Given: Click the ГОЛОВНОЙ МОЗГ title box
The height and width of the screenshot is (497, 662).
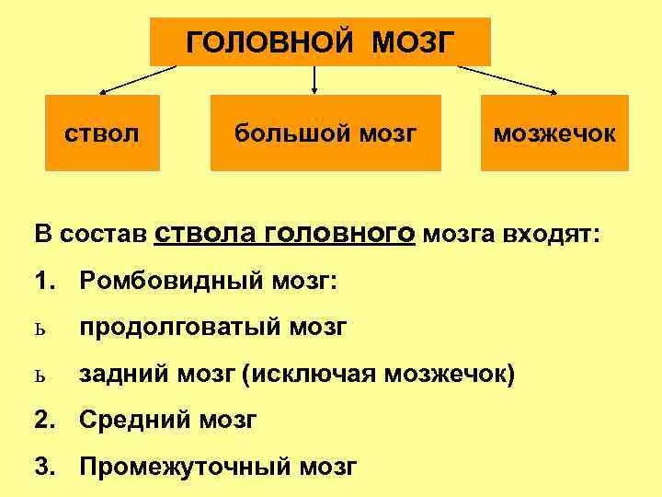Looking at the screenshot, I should pyautogui.click(x=320, y=41).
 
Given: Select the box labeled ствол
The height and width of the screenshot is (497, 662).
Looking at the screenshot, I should pyautogui.click(x=102, y=133).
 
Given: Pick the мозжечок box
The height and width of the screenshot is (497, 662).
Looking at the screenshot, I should pyautogui.click(x=554, y=133).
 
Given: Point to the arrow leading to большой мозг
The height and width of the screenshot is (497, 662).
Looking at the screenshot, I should pyautogui.click(x=315, y=80).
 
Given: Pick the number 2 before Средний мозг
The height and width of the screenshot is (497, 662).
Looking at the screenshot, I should pyautogui.click(x=42, y=420).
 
